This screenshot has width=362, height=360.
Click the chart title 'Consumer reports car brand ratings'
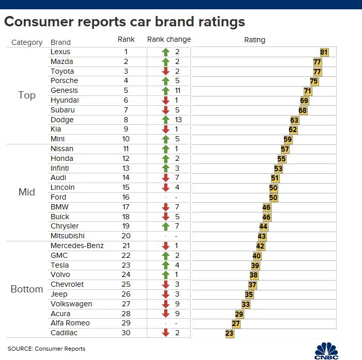coord(124,22)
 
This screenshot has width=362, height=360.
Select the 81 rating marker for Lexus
coord(324,52)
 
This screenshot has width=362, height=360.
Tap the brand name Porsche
coord(65,81)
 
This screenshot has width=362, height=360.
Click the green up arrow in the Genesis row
coord(166,91)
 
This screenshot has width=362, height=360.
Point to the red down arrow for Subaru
coord(166,110)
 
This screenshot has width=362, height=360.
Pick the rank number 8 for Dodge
coord(125,120)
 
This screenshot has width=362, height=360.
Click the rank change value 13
coord(179,120)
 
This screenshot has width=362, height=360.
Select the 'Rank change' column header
coord(169,40)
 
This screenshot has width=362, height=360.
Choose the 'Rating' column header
coord(255,40)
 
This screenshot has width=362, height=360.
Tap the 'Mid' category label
coord(27,192)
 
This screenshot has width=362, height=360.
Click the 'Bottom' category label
coord(27,289)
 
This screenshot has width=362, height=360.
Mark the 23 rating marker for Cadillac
coord(230,334)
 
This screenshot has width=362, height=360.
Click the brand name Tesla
coord(60,265)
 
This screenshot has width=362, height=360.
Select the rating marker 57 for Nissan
coord(285,150)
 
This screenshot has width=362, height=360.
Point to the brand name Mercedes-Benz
coord(77,246)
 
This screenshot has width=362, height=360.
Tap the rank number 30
coord(125,333)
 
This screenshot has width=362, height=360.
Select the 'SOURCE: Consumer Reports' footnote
coord(46,349)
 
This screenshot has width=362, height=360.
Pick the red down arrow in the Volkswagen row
coord(166,304)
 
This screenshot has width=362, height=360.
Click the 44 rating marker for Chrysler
coord(263,227)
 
